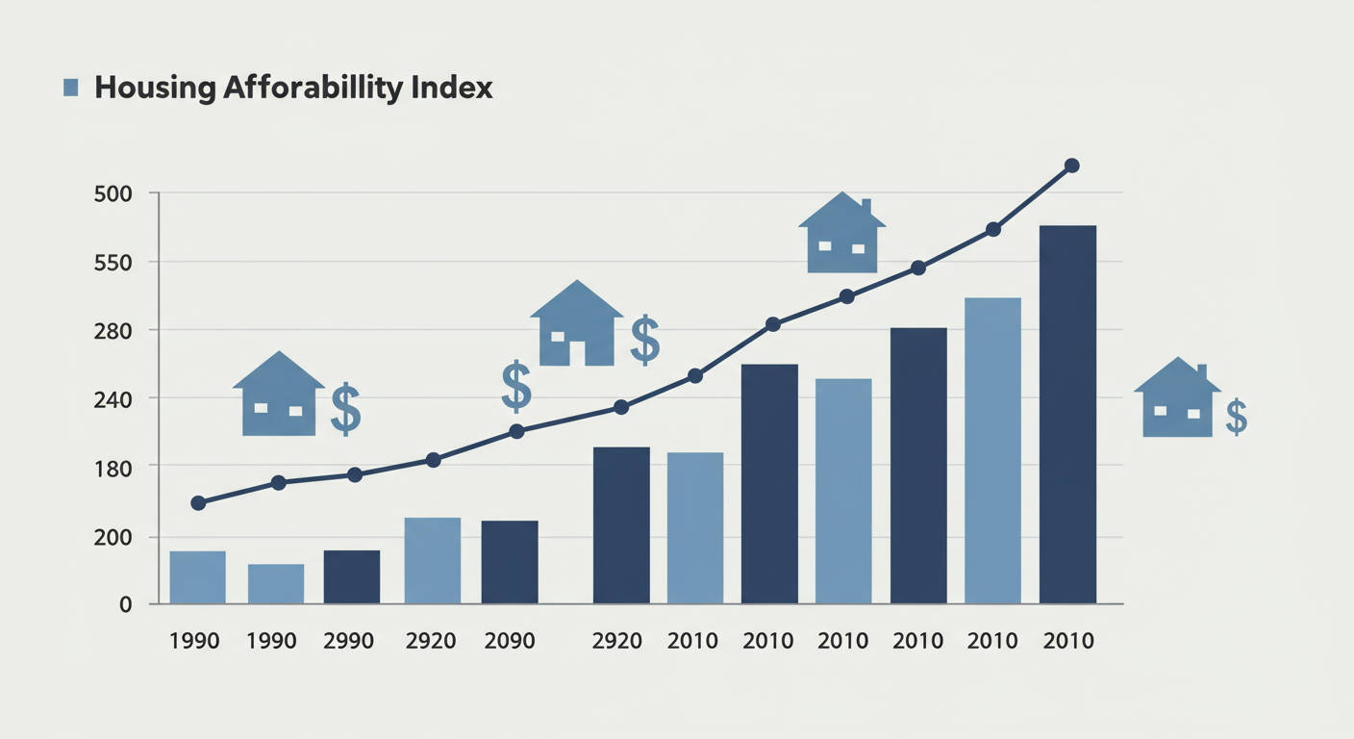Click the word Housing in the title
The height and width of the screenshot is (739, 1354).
point(154,89)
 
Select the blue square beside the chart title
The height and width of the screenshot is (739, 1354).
point(70,89)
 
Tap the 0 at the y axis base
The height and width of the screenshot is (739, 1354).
point(125,604)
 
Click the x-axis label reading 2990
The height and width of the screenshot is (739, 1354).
point(349,641)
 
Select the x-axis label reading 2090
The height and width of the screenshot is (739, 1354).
point(509,641)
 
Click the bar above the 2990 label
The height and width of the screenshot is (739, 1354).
point(352,577)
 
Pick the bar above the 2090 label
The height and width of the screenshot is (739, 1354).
point(510,563)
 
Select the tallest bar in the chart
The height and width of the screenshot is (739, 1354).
point(1067,415)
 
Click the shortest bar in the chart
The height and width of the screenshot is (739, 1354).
point(276,584)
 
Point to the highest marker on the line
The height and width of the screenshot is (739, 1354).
point(1072,166)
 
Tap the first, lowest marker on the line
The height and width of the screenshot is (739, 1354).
point(199,503)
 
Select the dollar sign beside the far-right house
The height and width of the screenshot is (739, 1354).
point(1237,418)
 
